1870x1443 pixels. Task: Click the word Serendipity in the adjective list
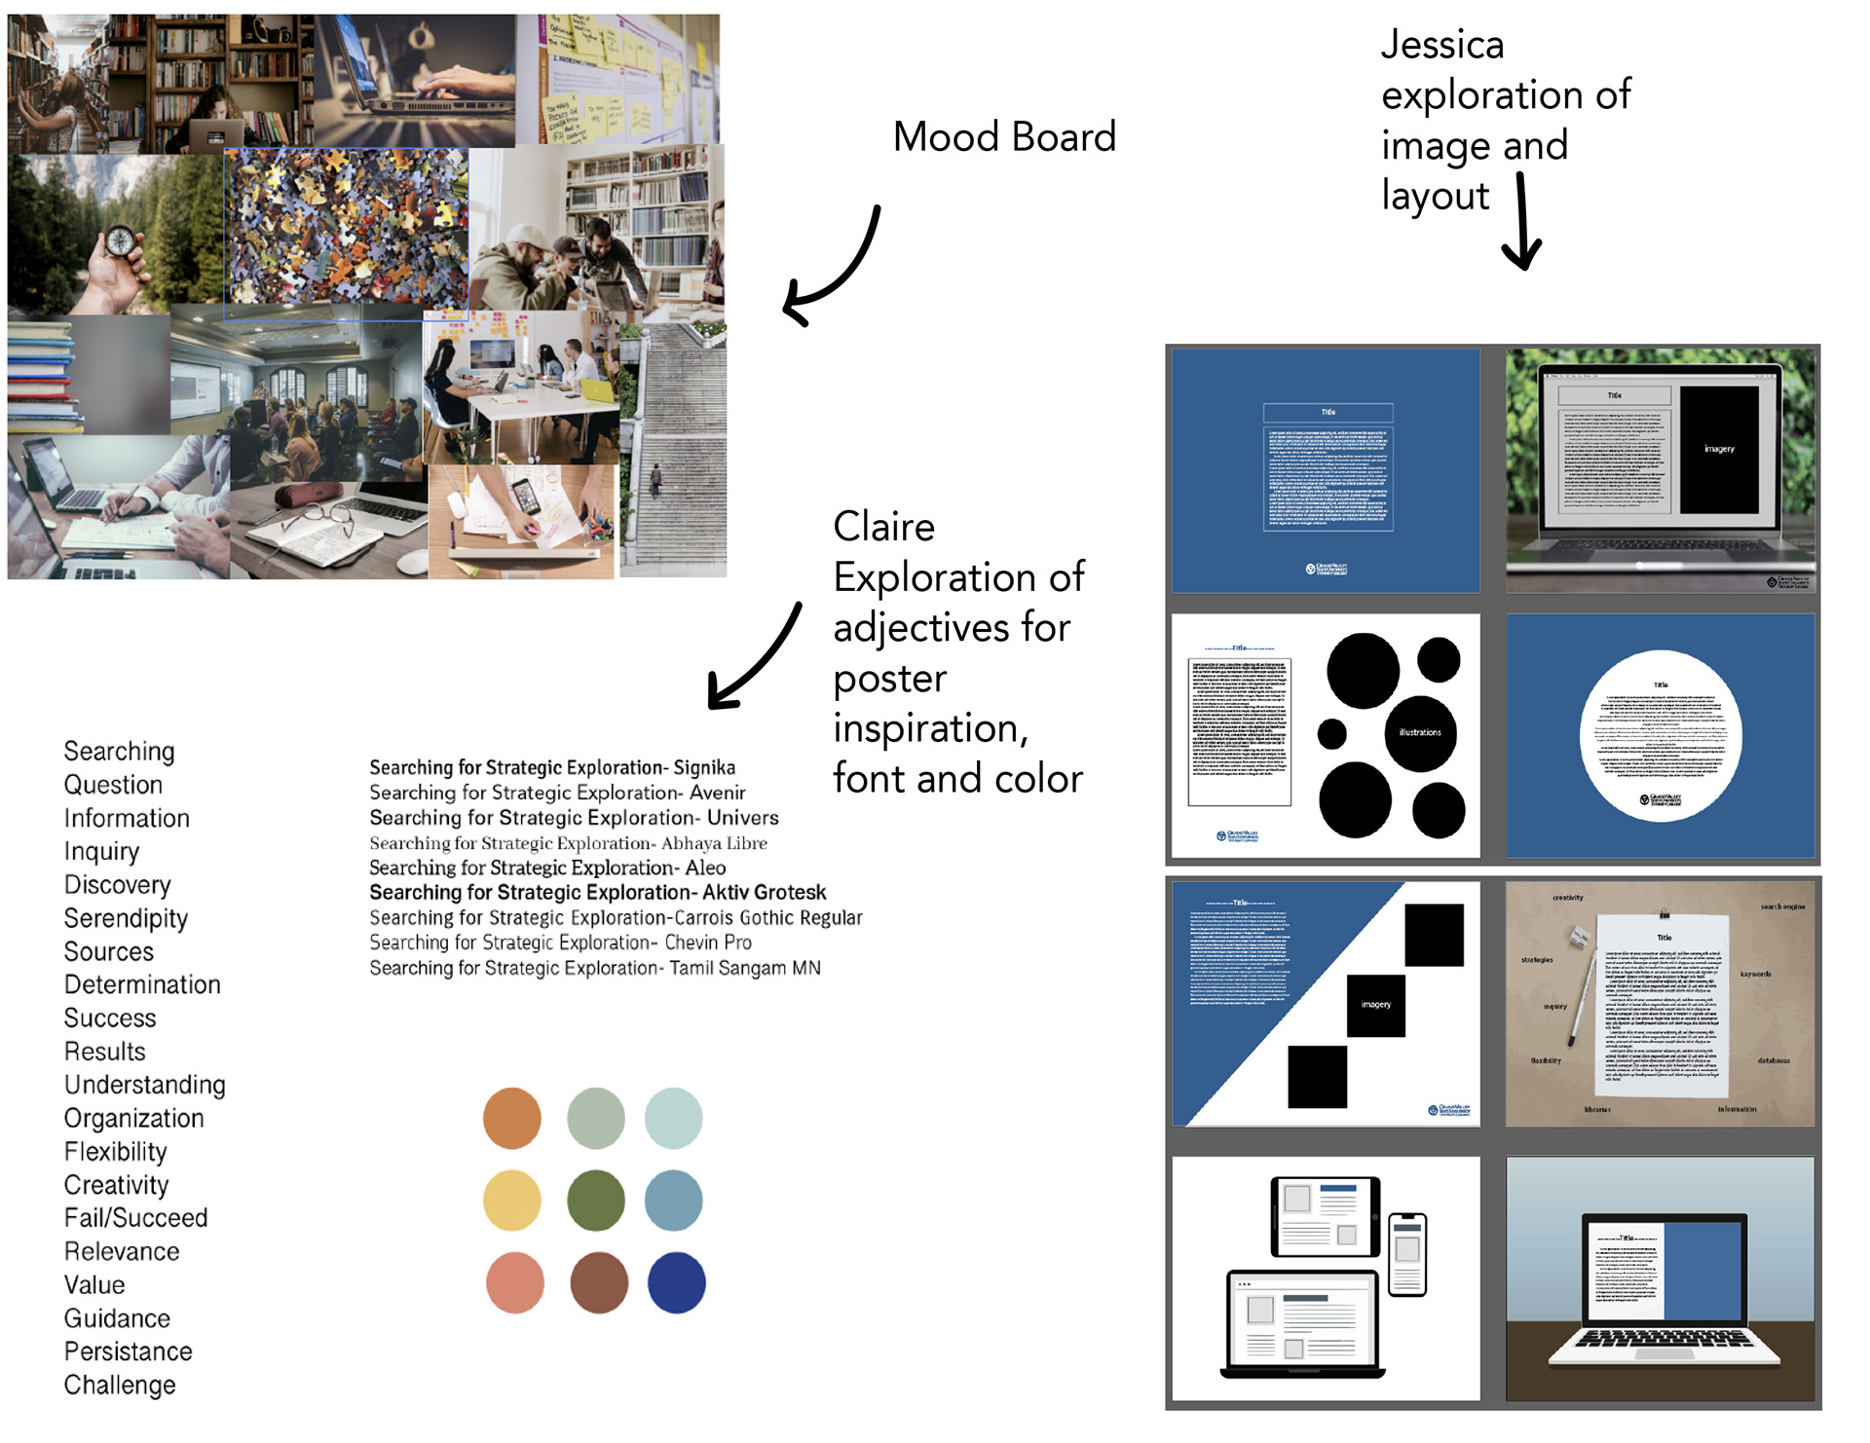(126, 918)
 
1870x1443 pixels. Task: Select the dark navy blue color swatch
(676, 1282)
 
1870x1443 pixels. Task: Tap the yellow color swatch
(512, 1201)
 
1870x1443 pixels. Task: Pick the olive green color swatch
(595, 1201)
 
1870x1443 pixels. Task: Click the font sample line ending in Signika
(552, 767)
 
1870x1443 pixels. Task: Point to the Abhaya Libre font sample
(568, 843)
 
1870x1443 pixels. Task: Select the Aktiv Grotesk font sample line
(597, 892)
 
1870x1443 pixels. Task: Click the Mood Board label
(1004, 137)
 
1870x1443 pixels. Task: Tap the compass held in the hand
(121, 240)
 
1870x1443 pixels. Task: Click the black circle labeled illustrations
(1420, 732)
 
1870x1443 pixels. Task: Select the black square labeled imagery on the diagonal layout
(1375, 1005)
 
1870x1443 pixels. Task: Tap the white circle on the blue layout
(1661, 735)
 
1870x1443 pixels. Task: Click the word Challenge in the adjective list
(120, 1385)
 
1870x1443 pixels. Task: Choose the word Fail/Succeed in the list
(135, 1218)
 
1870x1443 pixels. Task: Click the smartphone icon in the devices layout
(1406, 1254)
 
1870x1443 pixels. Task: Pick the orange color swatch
(512, 1118)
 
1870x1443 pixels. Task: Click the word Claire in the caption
(883, 527)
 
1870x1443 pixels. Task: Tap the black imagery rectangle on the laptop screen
(1719, 449)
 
